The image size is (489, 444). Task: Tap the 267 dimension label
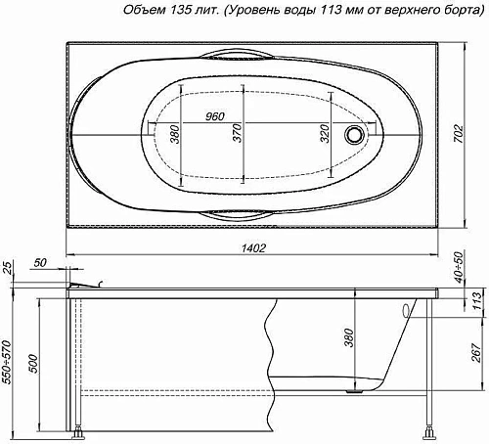[x=474, y=350]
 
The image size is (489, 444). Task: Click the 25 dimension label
[x=10, y=268]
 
